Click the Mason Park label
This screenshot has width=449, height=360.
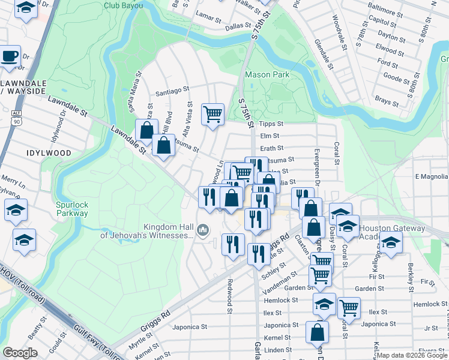pos(267,75)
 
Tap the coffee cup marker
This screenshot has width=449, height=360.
pos(10,56)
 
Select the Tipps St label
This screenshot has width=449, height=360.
pos(271,124)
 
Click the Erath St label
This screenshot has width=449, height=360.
pos(271,148)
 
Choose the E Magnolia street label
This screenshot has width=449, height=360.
pos(431,176)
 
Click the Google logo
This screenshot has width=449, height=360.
pos(20,353)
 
